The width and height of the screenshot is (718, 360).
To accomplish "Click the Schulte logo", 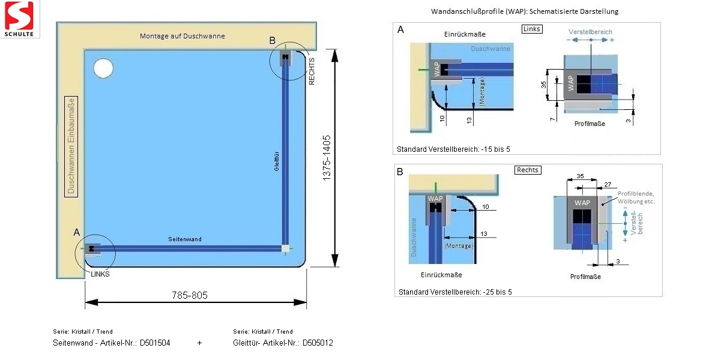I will click(x=20, y=19).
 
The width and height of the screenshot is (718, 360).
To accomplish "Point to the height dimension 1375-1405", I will click(x=327, y=158).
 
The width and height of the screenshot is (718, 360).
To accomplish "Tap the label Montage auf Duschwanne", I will click(x=183, y=36).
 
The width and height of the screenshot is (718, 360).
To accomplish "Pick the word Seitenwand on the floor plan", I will click(x=184, y=239).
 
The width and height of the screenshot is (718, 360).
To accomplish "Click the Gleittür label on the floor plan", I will click(x=277, y=161).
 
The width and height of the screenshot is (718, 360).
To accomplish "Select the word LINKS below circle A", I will click(x=100, y=273).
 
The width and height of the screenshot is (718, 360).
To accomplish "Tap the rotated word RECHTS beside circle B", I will click(x=312, y=71).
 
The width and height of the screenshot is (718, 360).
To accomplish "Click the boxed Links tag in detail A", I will click(x=532, y=29).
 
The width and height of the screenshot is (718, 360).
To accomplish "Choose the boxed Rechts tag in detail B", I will click(x=528, y=170).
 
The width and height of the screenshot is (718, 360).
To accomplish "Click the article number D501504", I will click(x=155, y=343).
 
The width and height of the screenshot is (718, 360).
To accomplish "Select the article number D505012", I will click(x=317, y=343).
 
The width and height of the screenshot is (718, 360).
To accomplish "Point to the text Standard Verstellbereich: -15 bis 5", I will click(x=453, y=149).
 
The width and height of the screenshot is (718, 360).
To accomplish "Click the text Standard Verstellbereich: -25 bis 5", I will click(x=454, y=292).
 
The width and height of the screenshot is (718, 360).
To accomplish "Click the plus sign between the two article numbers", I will click(x=199, y=343).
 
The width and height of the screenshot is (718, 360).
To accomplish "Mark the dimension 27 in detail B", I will click(x=607, y=184).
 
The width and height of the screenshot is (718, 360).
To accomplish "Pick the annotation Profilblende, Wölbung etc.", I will click(x=636, y=197).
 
